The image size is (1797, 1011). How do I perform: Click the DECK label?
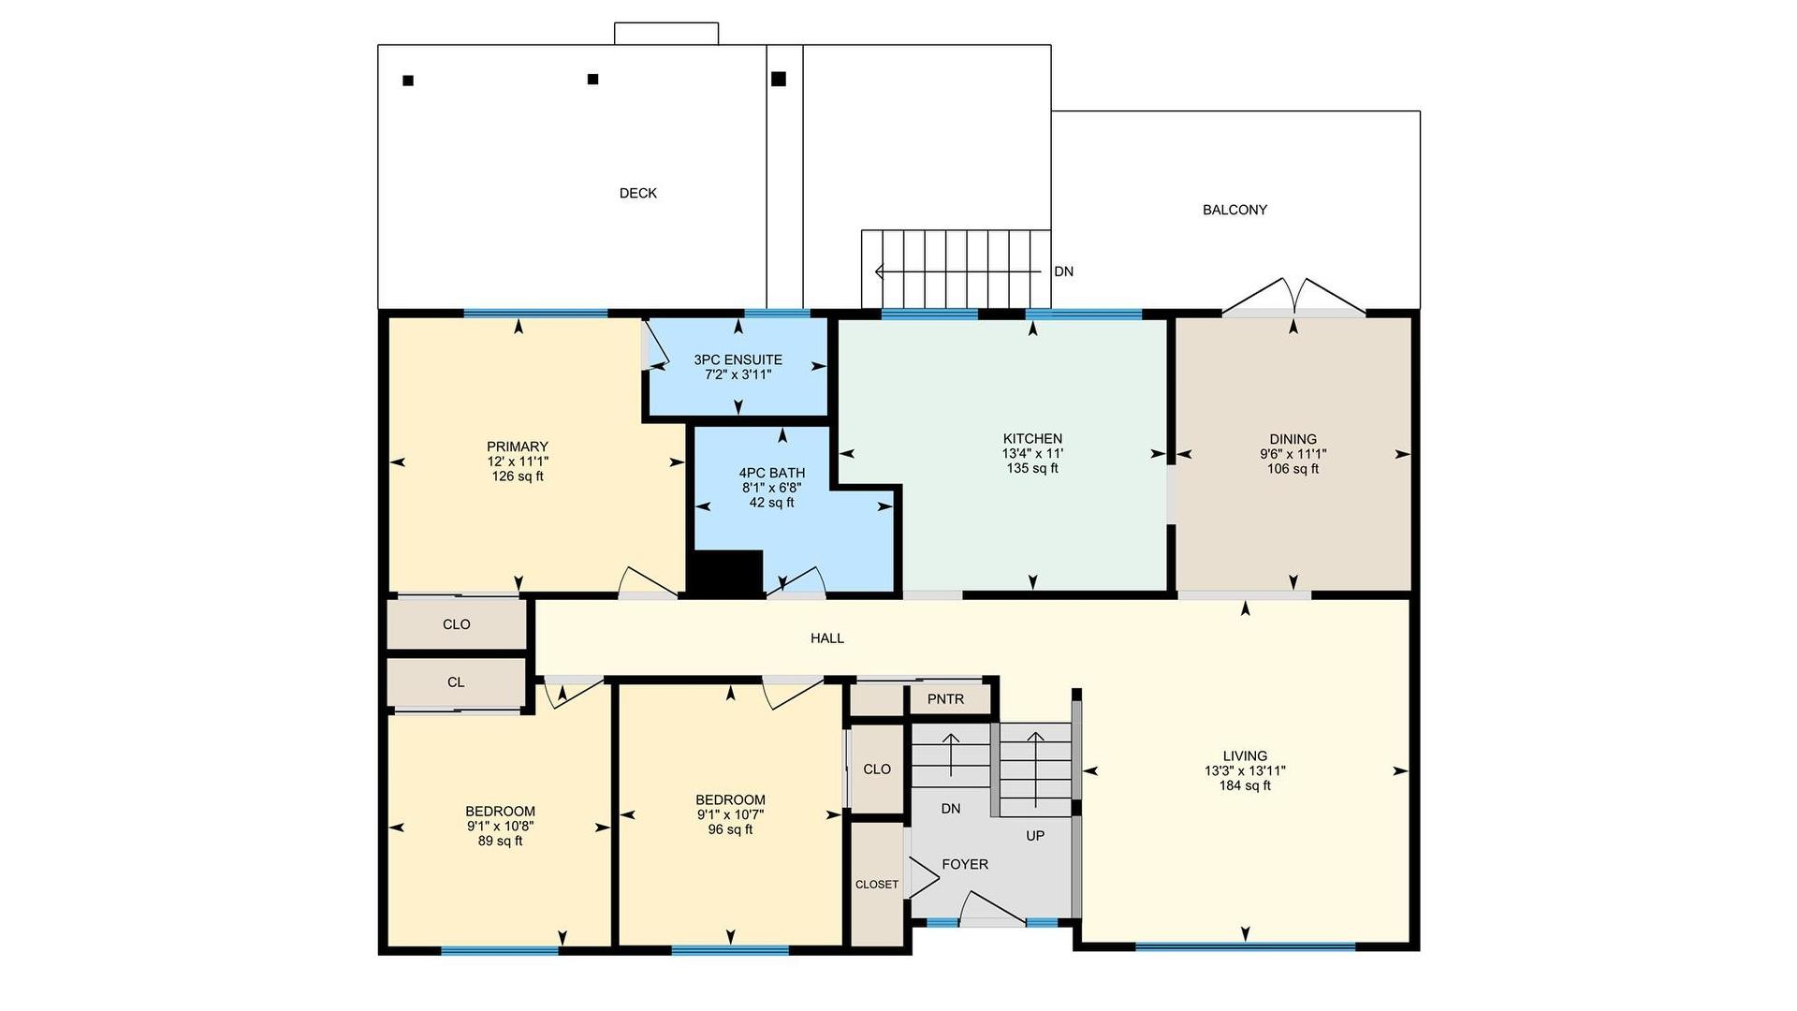(x=638, y=193)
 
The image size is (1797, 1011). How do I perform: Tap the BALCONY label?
(x=1235, y=210)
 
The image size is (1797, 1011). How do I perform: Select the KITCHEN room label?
(x=1032, y=438)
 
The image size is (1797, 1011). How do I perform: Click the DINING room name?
(x=1293, y=439)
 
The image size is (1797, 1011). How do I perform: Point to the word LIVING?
(x=1245, y=755)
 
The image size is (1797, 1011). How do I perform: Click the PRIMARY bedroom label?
(x=518, y=447)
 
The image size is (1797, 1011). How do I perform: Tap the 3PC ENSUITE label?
(x=738, y=359)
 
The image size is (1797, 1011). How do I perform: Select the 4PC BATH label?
(x=771, y=473)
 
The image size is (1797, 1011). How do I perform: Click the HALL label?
(x=827, y=637)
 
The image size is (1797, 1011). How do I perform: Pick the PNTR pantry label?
(x=945, y=699)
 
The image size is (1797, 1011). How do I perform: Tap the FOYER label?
(x=965, y=864)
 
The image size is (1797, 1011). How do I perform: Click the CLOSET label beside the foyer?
(x=877, y=885)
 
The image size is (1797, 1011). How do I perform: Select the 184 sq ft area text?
(x=1245, y=785)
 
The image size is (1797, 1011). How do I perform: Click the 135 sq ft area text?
(x=1032, y=468)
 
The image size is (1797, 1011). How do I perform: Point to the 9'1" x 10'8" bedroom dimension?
(x=501, y=826)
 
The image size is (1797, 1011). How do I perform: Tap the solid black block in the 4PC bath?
(x=725, y=572)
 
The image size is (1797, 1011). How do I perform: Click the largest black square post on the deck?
(x=779, y=79)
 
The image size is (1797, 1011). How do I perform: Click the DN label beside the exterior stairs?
(x=1063, y=271)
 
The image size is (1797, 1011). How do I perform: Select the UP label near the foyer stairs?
(x=1035, y=835)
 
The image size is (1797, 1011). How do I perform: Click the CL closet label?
(x=456, y=682)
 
